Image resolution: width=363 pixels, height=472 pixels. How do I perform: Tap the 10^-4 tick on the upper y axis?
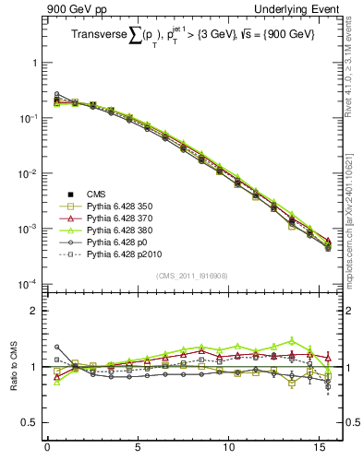coord(30,284)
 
